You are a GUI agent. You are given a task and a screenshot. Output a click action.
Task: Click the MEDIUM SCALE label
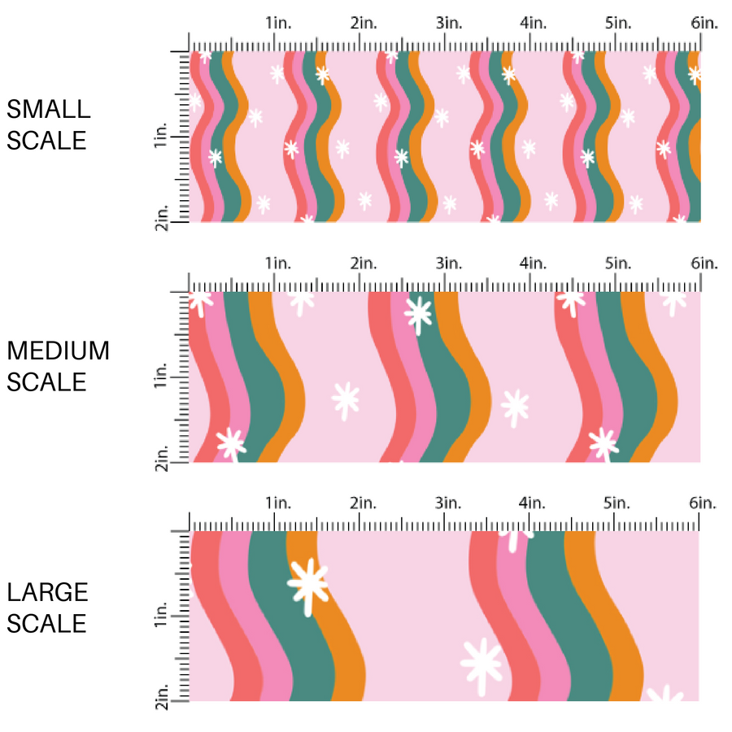pos(58,366)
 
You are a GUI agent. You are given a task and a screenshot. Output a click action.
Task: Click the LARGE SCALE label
pos(47,608)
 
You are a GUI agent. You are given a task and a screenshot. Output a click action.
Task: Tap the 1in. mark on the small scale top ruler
pos(277,24)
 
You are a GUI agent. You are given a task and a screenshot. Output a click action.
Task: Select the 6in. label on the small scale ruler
pos(704,24)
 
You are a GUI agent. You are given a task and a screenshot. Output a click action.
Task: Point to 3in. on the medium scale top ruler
pos(448,264)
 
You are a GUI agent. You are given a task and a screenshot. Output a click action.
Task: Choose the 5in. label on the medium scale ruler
pos(618,264)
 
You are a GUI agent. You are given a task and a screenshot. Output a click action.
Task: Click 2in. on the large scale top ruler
pos(363,503)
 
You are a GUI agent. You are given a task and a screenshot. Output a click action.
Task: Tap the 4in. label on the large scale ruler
pos(533,503)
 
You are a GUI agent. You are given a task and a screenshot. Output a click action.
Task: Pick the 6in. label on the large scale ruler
pos(704,503)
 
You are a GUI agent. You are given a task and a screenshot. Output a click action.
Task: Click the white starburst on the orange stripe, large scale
pos(308,583)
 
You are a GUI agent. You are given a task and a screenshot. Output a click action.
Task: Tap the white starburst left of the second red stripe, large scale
pos(481,664)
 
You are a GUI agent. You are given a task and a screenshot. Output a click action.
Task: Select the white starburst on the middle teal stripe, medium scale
pos(419,314)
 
